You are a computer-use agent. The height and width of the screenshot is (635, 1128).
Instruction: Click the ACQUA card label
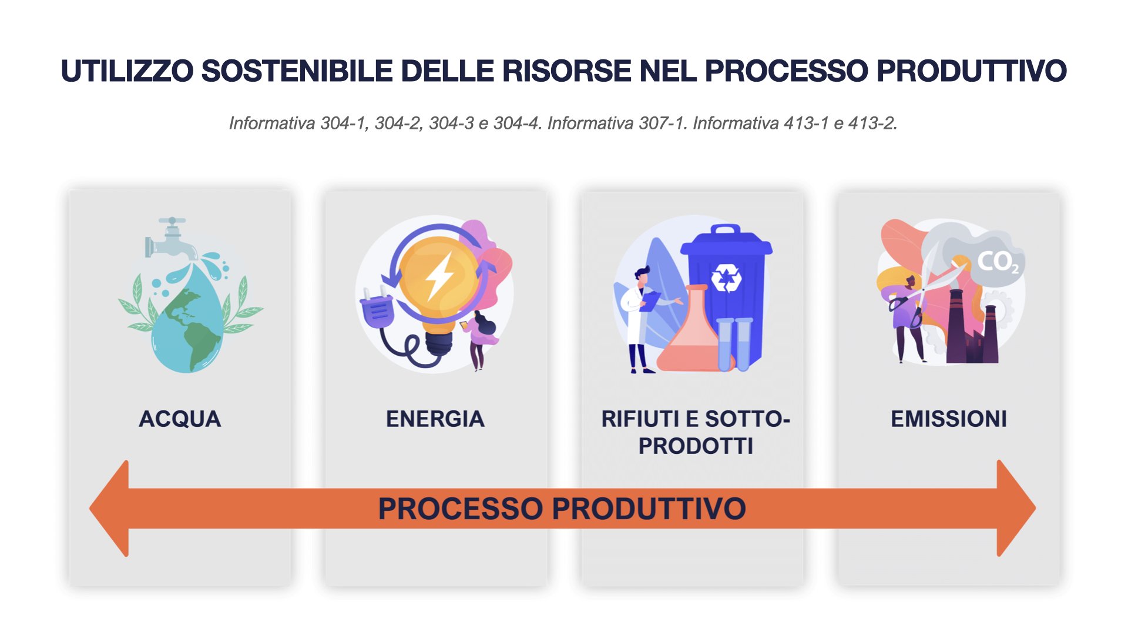point(180,419)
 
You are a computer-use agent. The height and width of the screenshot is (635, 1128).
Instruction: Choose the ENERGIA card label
point(435,419)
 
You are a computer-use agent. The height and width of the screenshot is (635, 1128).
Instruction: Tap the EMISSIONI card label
point(948,419)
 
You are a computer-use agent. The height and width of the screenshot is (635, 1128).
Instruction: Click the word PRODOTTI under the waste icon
point(696,446)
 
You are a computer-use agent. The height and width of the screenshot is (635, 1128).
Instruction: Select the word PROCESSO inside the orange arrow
point(460,509)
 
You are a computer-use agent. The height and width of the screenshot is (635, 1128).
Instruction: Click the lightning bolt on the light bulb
point(439,275)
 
